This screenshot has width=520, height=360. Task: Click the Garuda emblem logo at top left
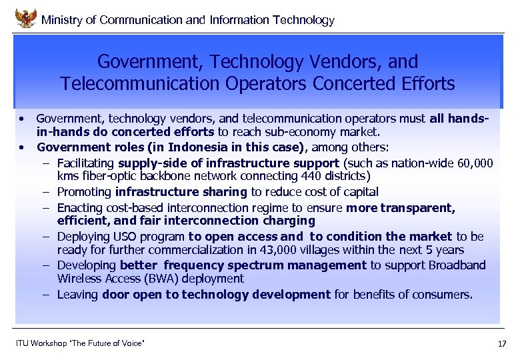[x=25, y=17]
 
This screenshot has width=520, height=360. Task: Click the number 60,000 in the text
[x=470, y=163]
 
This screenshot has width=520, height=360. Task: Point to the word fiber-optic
[x=108, y=177]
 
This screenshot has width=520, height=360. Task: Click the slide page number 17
[x=502, y=344]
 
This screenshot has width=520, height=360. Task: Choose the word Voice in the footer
[x=131, y=343]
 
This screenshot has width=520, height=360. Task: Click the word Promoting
[x=85, y=193]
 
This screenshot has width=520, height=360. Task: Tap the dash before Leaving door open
[x=47, y=295]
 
